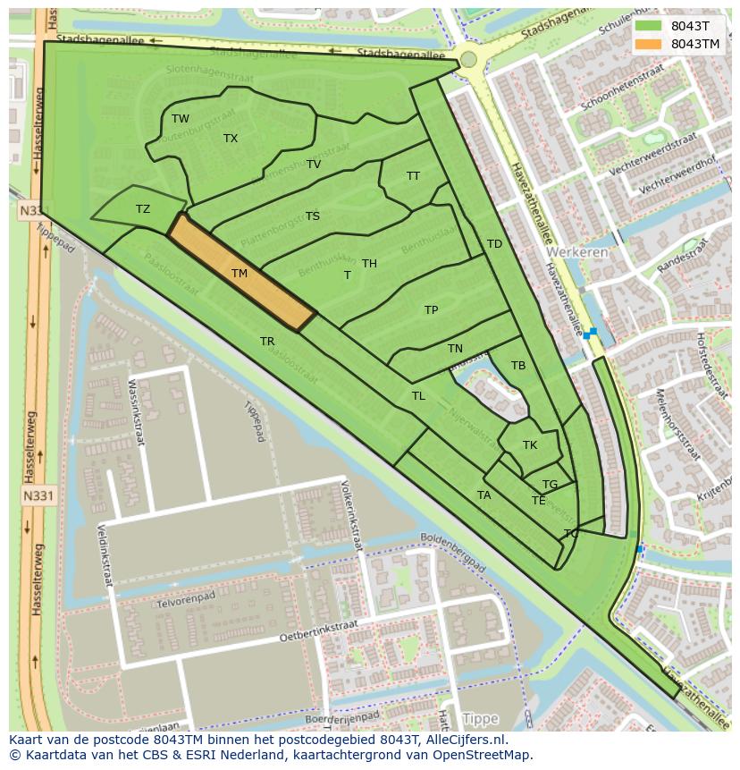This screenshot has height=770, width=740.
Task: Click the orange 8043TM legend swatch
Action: (x=650, y=44)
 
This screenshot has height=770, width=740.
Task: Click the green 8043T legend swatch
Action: (x=650, y=26)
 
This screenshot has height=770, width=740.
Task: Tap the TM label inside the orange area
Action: (x=239, y=274)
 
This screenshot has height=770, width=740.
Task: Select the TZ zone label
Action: (x=143, y=209)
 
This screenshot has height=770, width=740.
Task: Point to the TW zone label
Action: (x=181, y=119)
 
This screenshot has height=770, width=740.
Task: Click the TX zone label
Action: (x=231, y=139)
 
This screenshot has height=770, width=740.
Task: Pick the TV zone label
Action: (x=314, y=165)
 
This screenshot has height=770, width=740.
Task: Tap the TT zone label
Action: (x=413, y=176)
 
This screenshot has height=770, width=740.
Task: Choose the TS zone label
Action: (x=313, y=216)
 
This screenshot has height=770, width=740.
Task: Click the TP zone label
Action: (x=432, y=310)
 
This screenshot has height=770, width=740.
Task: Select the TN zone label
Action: (x=455, y=349)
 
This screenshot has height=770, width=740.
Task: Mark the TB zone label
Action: (x=518, y=366)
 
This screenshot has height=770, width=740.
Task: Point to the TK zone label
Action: (x=530, y=445)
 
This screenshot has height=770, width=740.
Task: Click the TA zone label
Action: (x=484, y=495)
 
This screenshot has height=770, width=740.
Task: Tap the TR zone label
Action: (x=267, y=342)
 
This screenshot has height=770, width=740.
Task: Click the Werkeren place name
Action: (x=578, y=252)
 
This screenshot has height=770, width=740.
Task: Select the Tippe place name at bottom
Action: (x=481, y=719)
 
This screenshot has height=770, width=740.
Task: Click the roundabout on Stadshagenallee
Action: (x=468, y=60)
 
